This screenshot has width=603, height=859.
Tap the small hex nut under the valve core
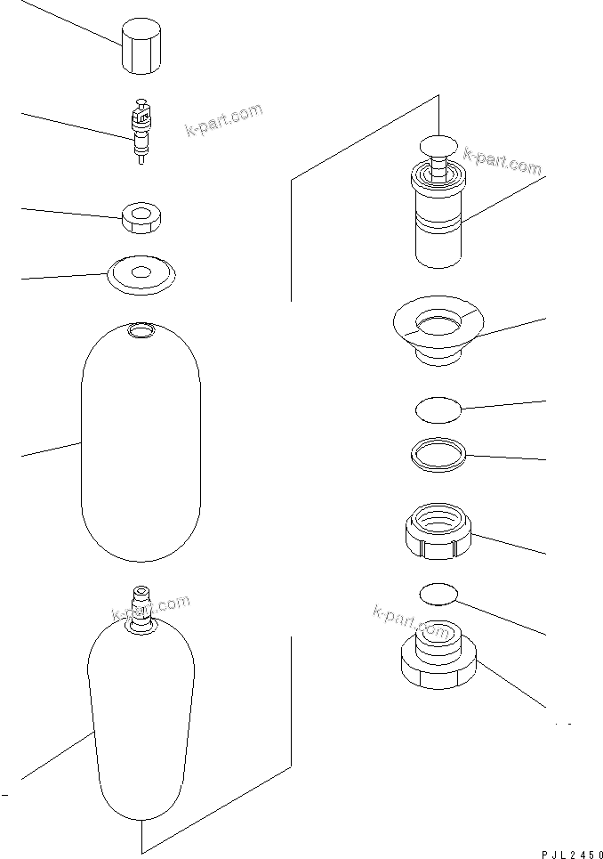coord(140,217)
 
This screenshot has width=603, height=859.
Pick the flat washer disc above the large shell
coord(141,273)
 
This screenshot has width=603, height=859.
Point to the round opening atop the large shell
coord(141,332)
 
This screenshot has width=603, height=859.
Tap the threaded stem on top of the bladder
coord(141,604)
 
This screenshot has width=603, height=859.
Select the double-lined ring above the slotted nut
coord(438,454)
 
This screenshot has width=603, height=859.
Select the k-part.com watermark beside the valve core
coord(223,119)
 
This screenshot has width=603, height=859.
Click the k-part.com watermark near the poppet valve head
coord(502,162)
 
